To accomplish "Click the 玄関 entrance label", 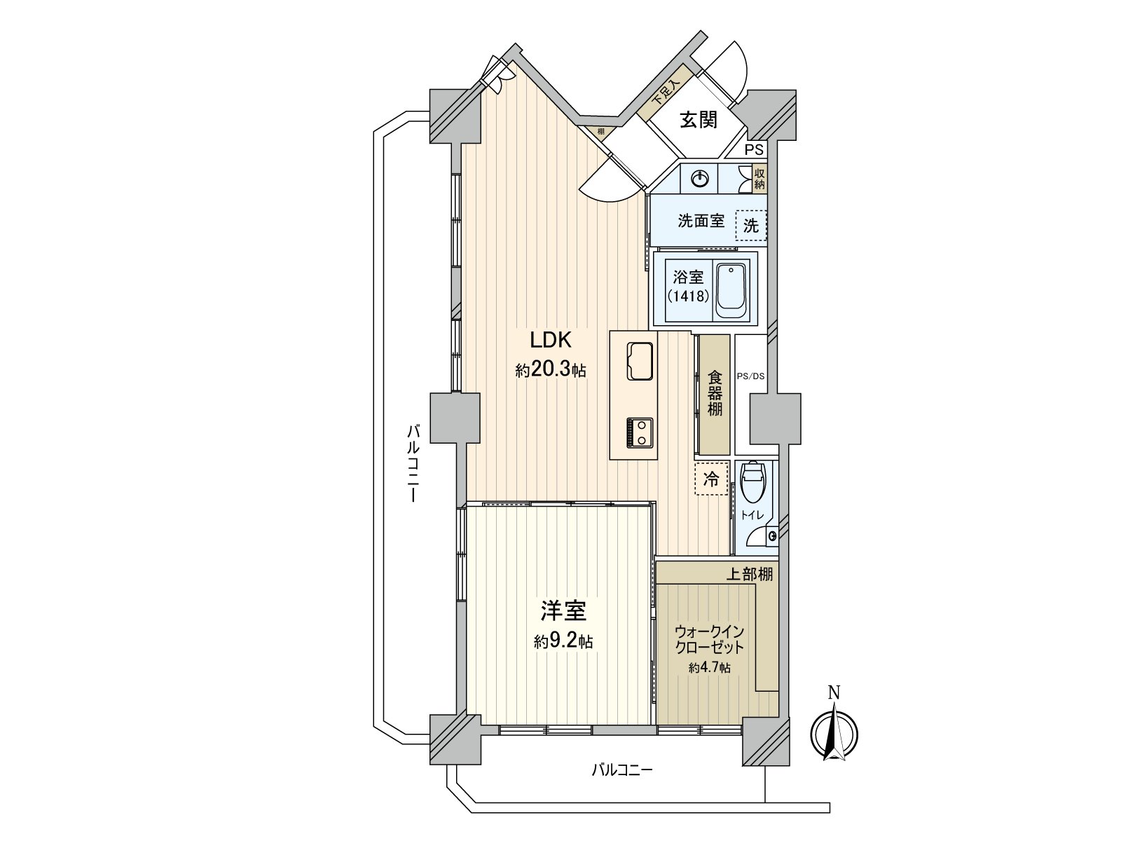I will tap(699, 120).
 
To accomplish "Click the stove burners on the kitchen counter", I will tap(639, 432).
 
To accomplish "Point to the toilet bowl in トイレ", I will tap(753, 485).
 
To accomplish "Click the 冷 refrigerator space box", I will tap(711, 479).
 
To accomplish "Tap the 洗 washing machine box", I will tap(750, 226).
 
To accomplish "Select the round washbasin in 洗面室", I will tap(700, 179).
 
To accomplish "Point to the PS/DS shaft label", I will tap(750, 376).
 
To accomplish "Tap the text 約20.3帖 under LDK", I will tap(551, 371).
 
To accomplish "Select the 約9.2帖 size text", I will tap(563, 641).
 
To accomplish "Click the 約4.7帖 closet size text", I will tap(709, 669).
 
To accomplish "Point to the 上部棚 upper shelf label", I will tap(748, 575).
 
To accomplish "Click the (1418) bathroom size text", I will tap(687, 296).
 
